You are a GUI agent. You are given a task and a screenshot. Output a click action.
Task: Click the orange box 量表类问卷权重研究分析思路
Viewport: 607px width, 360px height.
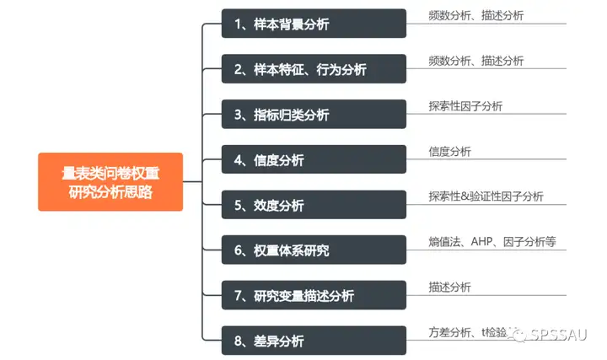(110, 181)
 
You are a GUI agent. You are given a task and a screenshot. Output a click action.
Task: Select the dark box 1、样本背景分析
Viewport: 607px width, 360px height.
(314, 24)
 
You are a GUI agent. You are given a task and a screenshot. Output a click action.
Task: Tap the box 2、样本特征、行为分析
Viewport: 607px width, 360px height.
(314, 69)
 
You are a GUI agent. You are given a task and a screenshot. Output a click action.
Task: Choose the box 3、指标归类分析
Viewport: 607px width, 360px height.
(314, 115)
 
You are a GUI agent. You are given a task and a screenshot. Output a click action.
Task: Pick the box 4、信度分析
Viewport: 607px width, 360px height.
(314, 160)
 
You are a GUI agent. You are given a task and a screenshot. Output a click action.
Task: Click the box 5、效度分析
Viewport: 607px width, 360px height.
(314, 205)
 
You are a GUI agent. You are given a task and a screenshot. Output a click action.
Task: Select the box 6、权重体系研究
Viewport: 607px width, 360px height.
(314, 250)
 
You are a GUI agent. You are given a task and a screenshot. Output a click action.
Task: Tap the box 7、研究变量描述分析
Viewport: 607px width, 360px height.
(314, 296)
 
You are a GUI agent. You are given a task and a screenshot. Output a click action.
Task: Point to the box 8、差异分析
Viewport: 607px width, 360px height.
(314, 341)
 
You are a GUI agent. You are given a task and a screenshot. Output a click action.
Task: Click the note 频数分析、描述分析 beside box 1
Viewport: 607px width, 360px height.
(475, 15)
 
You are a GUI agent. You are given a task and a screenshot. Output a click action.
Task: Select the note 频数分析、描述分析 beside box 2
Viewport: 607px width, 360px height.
(475, 61)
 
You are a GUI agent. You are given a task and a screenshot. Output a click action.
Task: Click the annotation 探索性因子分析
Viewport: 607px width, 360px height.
(465, 106)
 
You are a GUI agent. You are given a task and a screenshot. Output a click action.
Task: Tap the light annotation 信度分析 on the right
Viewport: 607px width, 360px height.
(449, 152)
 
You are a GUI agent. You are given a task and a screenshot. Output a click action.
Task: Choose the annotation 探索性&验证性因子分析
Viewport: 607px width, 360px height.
(486, 196)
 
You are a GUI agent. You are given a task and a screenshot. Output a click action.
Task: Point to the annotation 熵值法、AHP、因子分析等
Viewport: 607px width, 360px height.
(492, 242)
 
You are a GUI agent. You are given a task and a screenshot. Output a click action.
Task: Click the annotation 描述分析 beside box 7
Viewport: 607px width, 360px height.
(449, 287)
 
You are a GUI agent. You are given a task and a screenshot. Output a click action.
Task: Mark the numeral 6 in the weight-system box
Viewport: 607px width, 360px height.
(239, 250)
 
